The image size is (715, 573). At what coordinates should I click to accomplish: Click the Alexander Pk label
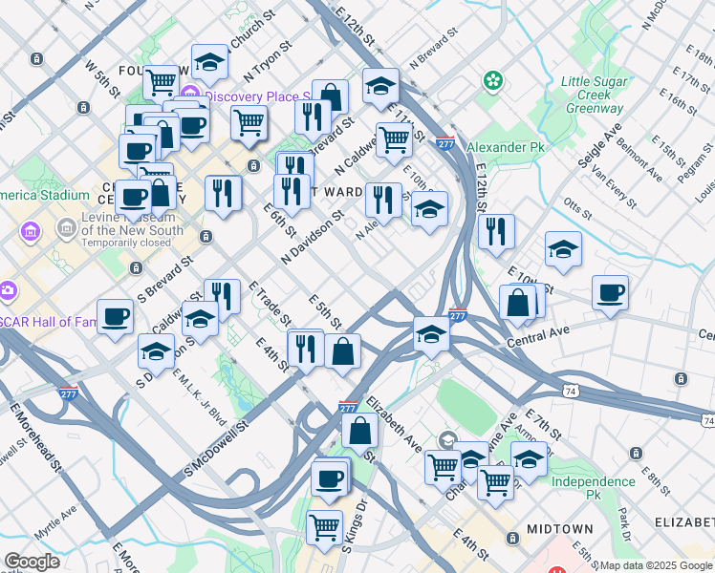[x=504, y=148]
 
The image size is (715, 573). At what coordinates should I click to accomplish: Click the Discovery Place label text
[x=253, y=96]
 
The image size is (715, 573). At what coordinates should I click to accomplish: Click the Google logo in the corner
[x=32, y=562]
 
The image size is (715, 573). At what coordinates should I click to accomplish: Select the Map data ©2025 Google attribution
[x=655, y=565]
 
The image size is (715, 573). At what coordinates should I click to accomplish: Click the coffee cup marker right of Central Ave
[x=610, y=292]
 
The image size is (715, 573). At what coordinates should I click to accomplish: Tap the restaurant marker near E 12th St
[x=496, y=231]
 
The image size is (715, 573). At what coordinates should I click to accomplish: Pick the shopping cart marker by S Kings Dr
[x=324, y=525]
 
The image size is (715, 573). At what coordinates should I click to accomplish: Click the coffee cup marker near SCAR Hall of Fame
[x=115, y=316]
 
